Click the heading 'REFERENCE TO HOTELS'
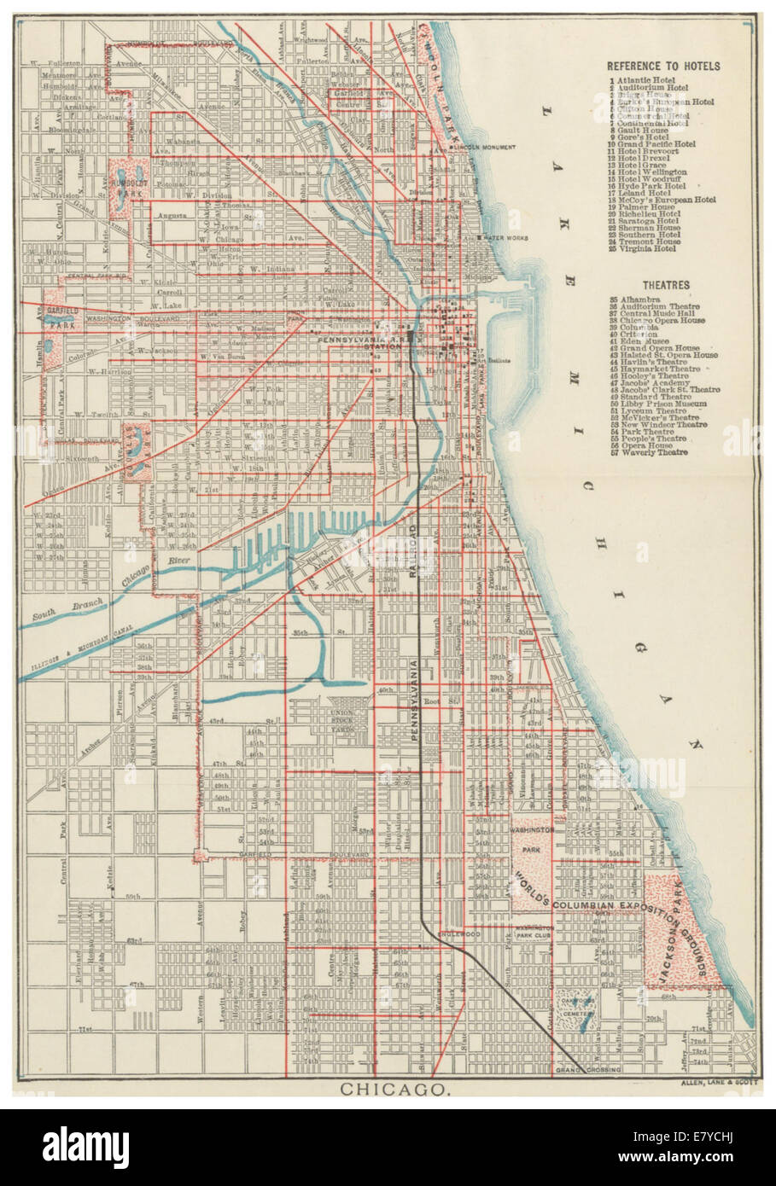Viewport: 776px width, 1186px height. (663, 66)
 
